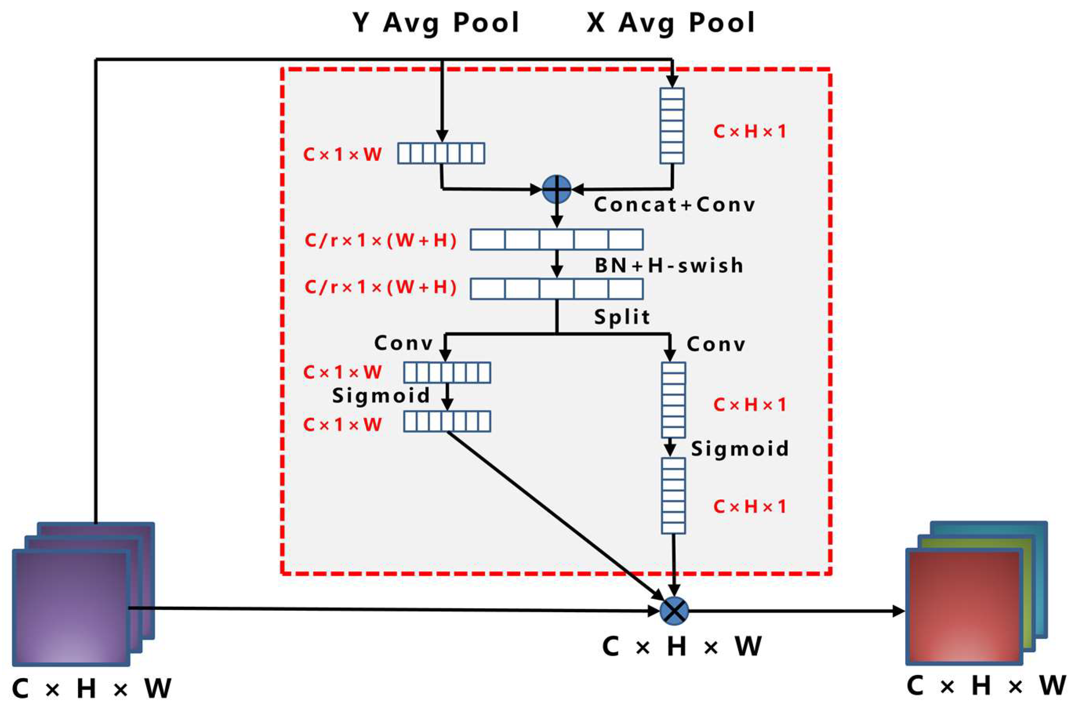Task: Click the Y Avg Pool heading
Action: (x=436, y=23)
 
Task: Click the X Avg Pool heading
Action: (x=671, y=23)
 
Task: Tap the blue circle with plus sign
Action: (x=557, y=189)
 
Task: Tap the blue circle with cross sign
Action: (x=674, y=611)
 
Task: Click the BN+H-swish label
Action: (x=669, y=266)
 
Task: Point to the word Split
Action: (x=622, y=317)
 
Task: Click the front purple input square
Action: (x=71, y=607)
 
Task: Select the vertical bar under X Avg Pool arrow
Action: (x=672, y=126)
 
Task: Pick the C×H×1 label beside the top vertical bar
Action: (x=749, y=132)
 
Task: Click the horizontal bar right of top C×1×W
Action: (x=441, y=153)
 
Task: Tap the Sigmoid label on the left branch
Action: (x=381, y=396)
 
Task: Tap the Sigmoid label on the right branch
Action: (x=740, y=449)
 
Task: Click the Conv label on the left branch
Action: (x=403, y=343)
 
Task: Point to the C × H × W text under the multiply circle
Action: (x=682, y=647)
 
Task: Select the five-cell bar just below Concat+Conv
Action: (x=557, y=240)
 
